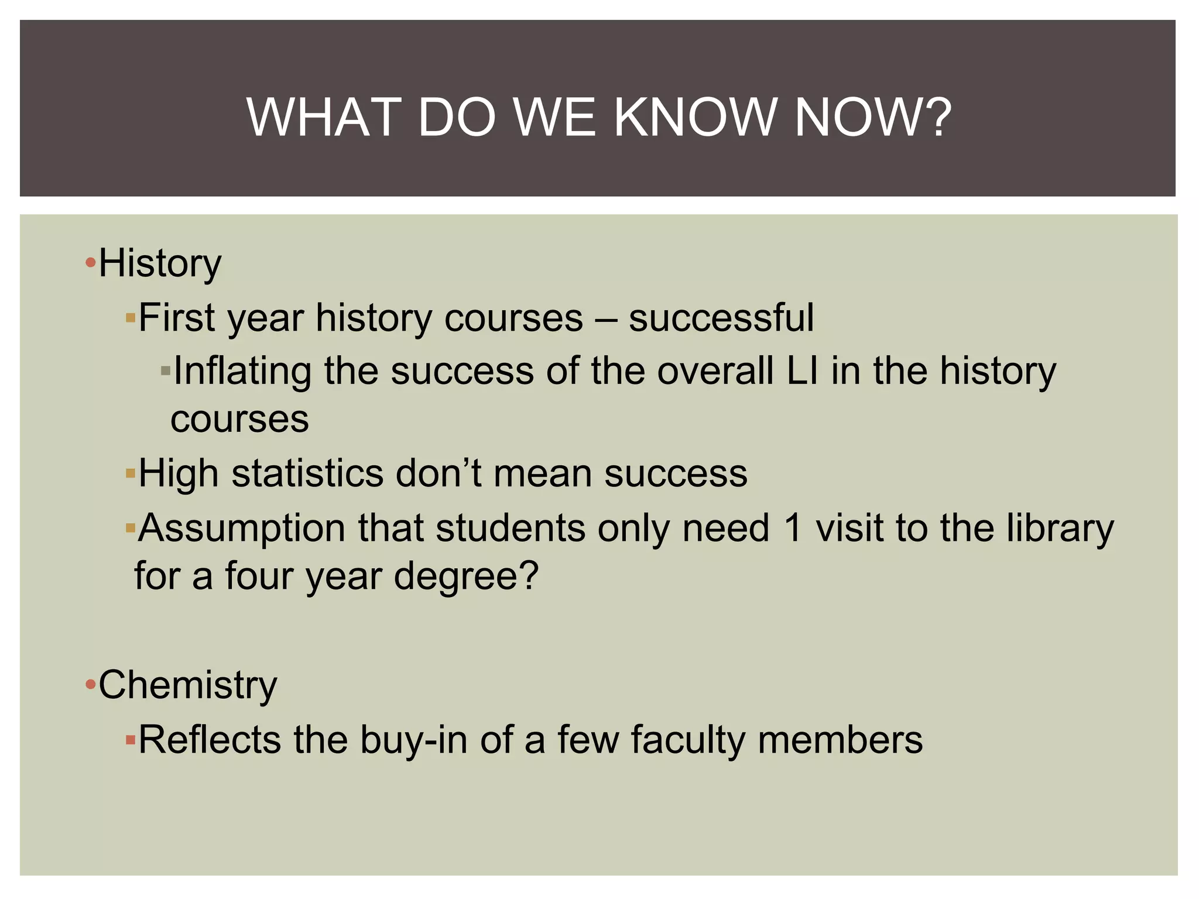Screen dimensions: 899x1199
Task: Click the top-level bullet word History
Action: [x=160, y=263]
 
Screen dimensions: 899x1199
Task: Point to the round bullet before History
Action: [x=90, y=263]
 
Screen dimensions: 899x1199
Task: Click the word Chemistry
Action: [x=187, y=685]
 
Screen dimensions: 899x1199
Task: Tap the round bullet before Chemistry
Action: [x=90, y=684]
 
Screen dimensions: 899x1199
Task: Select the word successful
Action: [x=721, y=318]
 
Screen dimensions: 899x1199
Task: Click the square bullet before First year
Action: [x=131, y=319]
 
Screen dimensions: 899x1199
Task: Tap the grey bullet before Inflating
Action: [x=166, y=371]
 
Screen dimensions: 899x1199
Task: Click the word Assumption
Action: [x=242, y=529]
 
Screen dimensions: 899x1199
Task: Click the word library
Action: [x=1060, y=529]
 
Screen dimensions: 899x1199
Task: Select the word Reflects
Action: [x=210, y=739]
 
